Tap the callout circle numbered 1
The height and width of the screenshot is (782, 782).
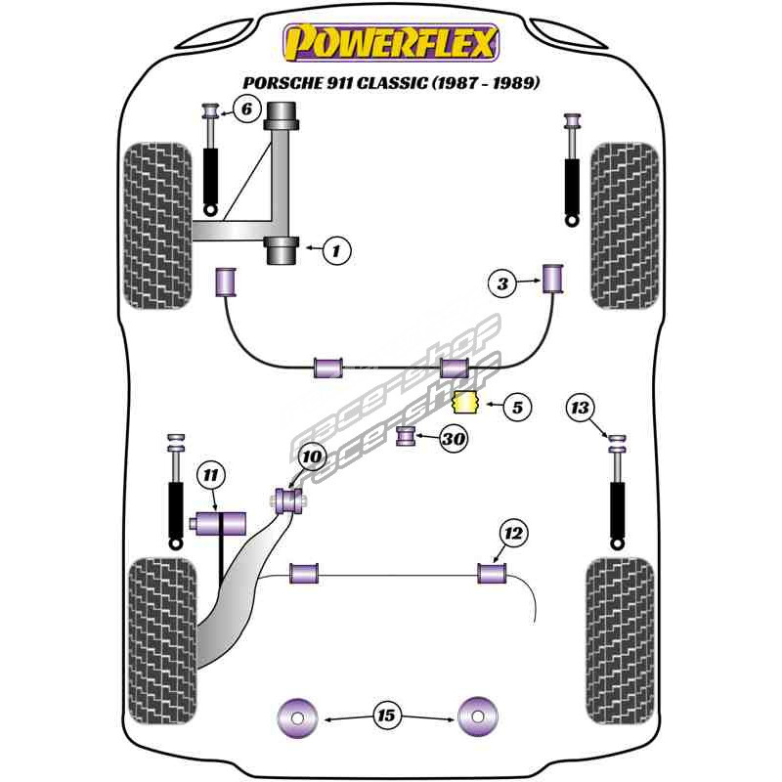pyautogui.click(x=336, y=251)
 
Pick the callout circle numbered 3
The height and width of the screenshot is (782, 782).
pyautogui.click(x=502, y=284)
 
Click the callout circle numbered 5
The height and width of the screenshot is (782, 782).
pyautogui.click(x=517, y=407)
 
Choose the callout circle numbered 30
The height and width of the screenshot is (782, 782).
pyautogui.click(x=453, y=440)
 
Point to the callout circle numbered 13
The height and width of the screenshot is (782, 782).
pyautogui.click(x=582, y=407)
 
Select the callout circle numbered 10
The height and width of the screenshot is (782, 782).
pyautogui.click(x=311, y=456)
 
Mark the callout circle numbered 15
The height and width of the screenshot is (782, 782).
pyautogui.click(x=386, y=717)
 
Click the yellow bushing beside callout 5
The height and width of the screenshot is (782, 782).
pyautogui.click(x=465, y=402)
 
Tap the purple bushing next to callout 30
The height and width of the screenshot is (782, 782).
pyautogui.click(x=407, y=436)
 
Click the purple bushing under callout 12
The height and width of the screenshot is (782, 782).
pyautogui.click(x=491, y=573)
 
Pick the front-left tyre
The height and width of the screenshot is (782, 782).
pyautogui.click(x=155, y=225)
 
